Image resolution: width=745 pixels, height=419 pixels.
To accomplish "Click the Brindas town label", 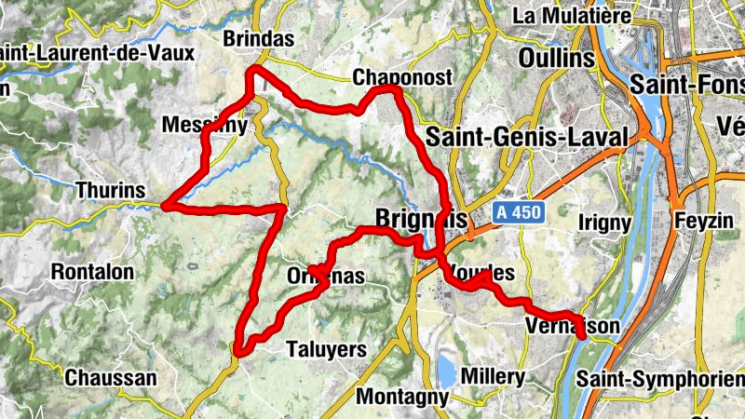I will point(259,39).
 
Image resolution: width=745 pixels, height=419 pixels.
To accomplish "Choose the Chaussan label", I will point(110,378).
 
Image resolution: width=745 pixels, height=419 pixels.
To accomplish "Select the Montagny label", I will point(403,397).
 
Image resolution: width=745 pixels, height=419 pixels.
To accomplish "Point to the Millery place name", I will point(494,376).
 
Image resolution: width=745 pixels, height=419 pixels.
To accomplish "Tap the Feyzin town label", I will point(711,223).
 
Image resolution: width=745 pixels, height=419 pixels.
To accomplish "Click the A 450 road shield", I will point(516,213).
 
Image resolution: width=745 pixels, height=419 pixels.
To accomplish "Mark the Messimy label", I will point(204,125).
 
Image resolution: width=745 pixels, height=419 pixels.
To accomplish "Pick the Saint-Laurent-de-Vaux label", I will point(93,52).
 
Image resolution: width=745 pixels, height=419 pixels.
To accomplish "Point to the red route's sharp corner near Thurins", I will point(165,204).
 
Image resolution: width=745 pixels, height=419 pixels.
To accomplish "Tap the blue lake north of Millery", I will point(446,372).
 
